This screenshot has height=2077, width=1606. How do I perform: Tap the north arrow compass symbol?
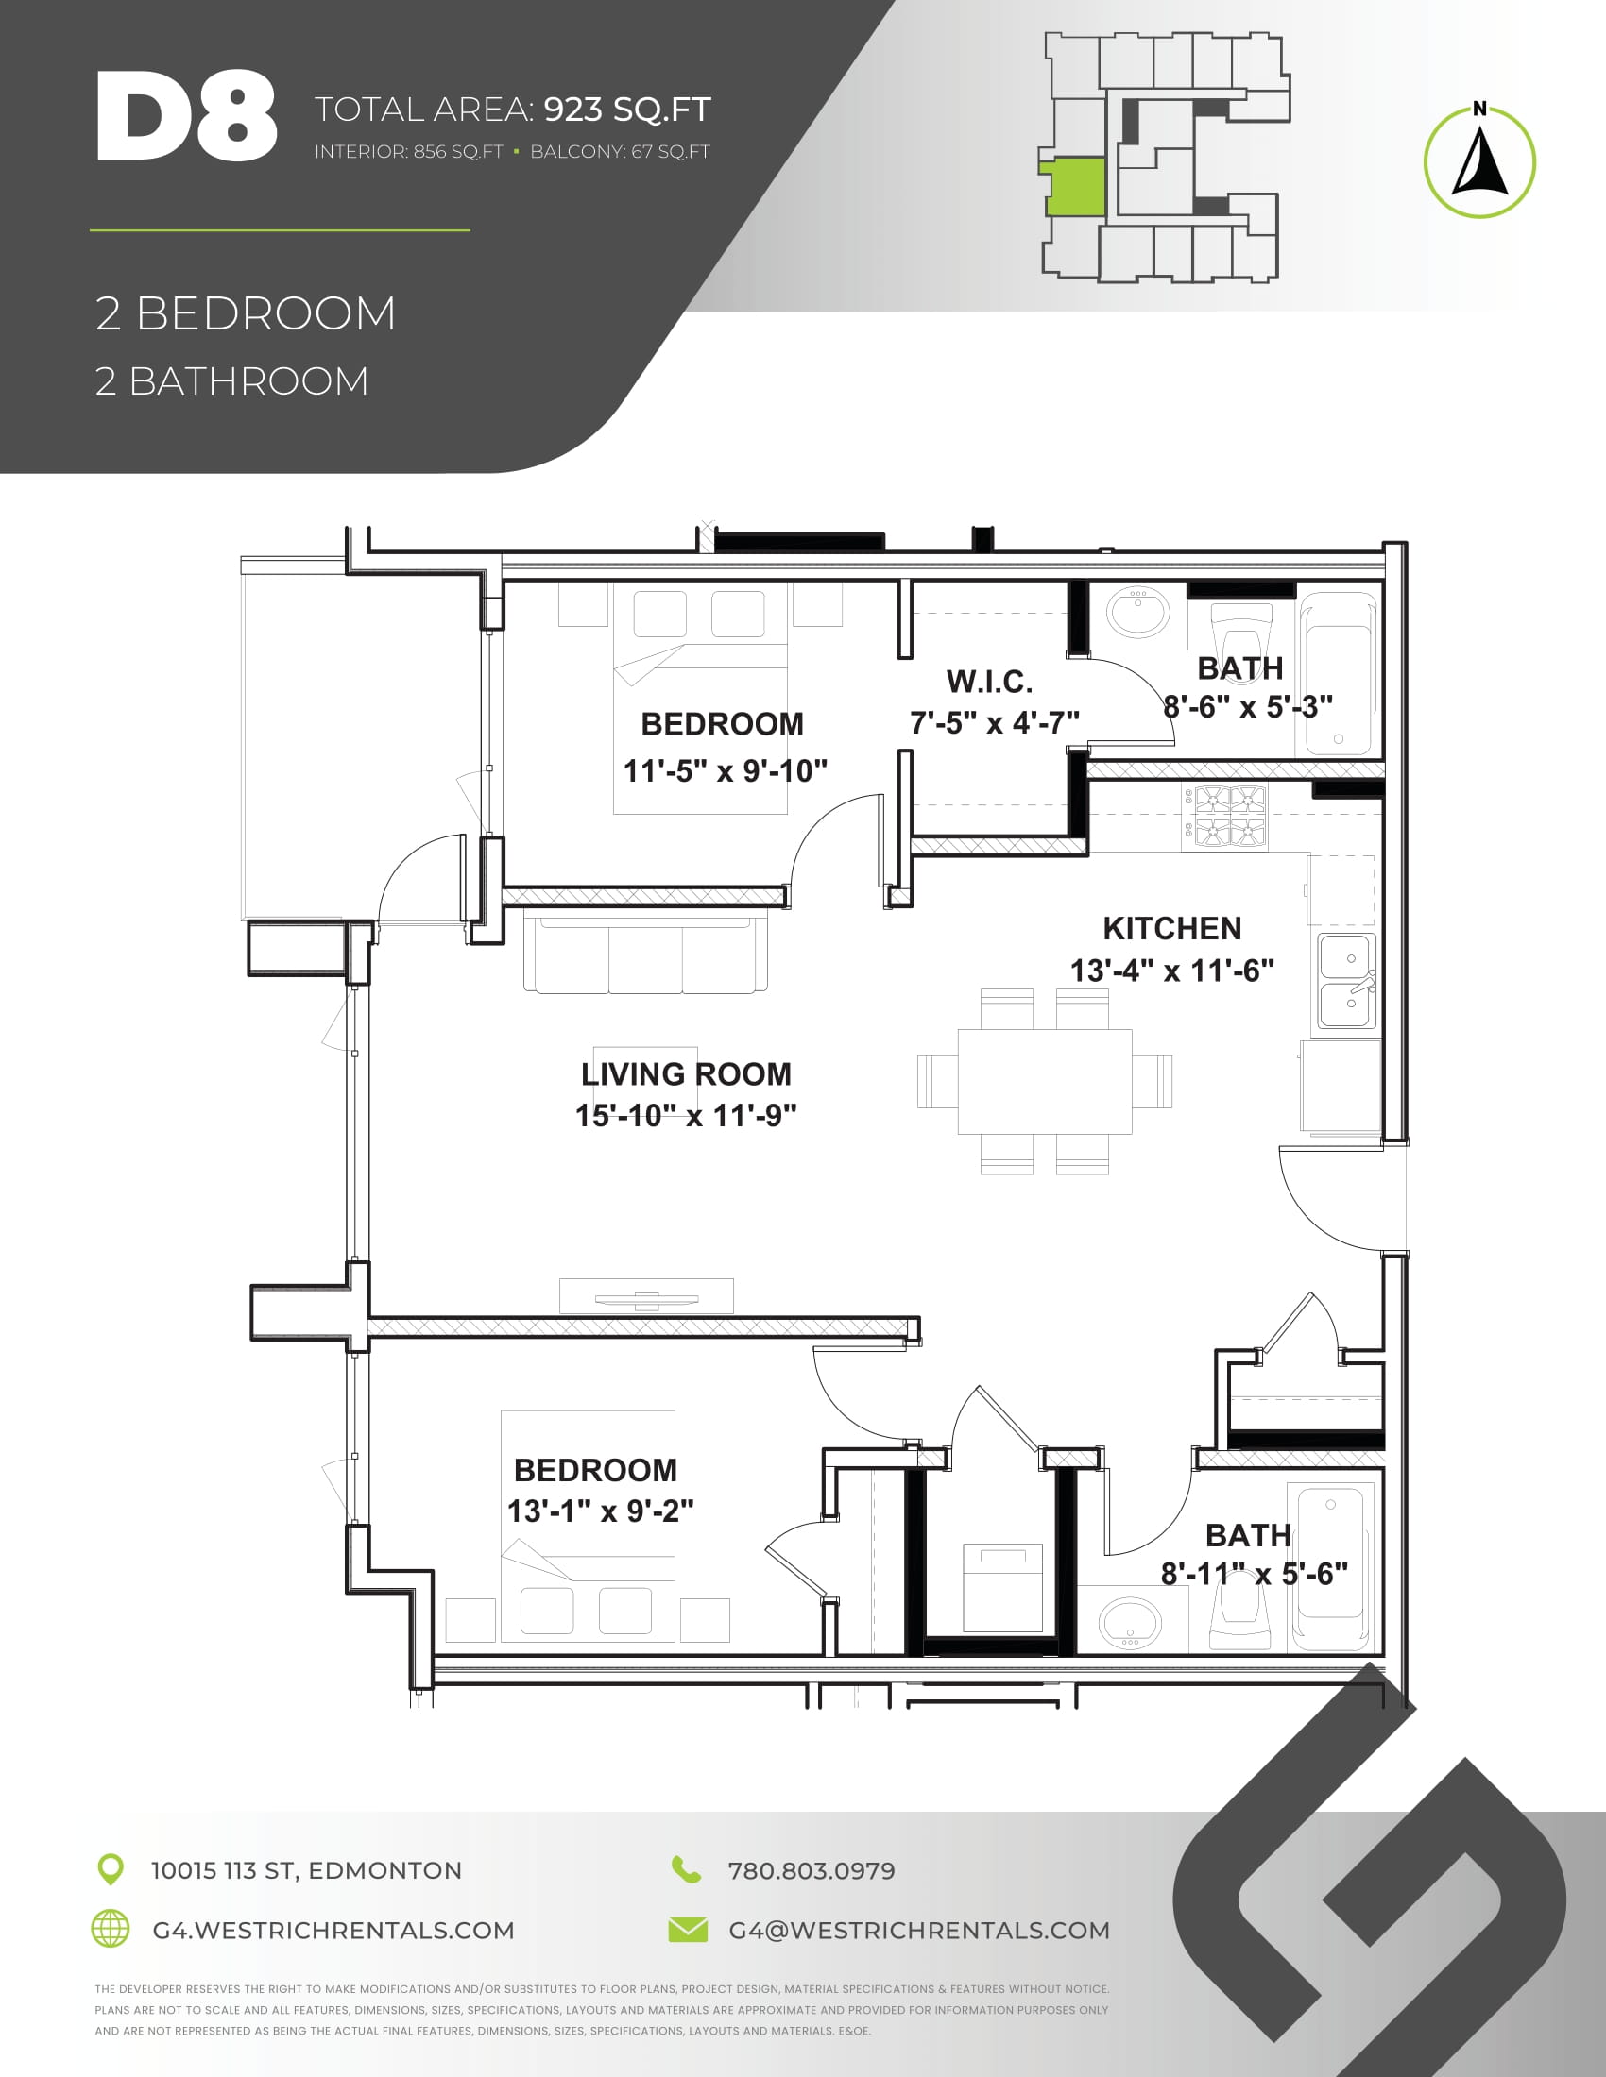[x=1479, y=160]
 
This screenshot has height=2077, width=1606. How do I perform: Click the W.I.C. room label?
[x=989, y=681]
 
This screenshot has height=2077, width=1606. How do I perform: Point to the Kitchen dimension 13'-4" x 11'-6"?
[x=1172, y=970]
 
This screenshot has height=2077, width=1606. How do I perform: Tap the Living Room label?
[x=686, y=1073]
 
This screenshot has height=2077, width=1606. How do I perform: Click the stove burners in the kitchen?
[x=1232, y=817]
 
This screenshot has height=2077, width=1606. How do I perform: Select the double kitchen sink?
[x=1347, y=982]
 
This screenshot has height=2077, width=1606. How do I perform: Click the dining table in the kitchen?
[x=1045, y=1081]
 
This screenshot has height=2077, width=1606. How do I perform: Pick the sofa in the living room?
[x=645, y=954]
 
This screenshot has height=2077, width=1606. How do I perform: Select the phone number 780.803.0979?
[x=812, y=1870]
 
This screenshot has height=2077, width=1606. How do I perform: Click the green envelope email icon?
[x=688, y=1930]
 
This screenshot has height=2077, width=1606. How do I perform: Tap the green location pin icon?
[x=111, y=1869]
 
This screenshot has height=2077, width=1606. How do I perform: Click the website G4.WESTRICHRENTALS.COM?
[x=333, y=1931]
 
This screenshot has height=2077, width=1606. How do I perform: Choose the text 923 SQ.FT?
[x=628, y=110]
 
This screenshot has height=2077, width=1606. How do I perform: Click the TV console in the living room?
[x=646, y=1296]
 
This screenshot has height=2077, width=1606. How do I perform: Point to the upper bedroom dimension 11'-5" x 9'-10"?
[x=725, y=769]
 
